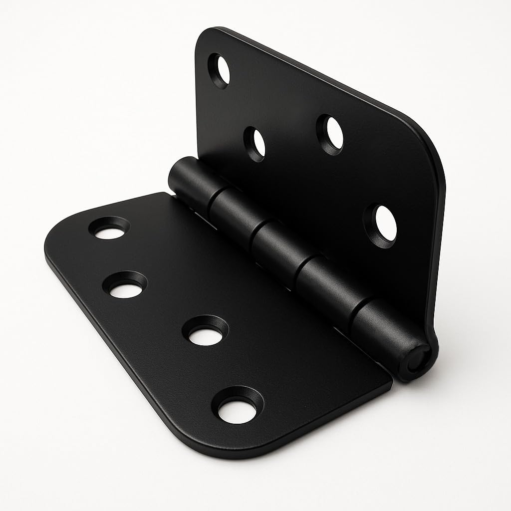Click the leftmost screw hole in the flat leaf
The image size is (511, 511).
[109, 229]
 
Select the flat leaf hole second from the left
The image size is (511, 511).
[124, 285]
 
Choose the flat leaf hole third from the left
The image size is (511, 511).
[206, 331]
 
